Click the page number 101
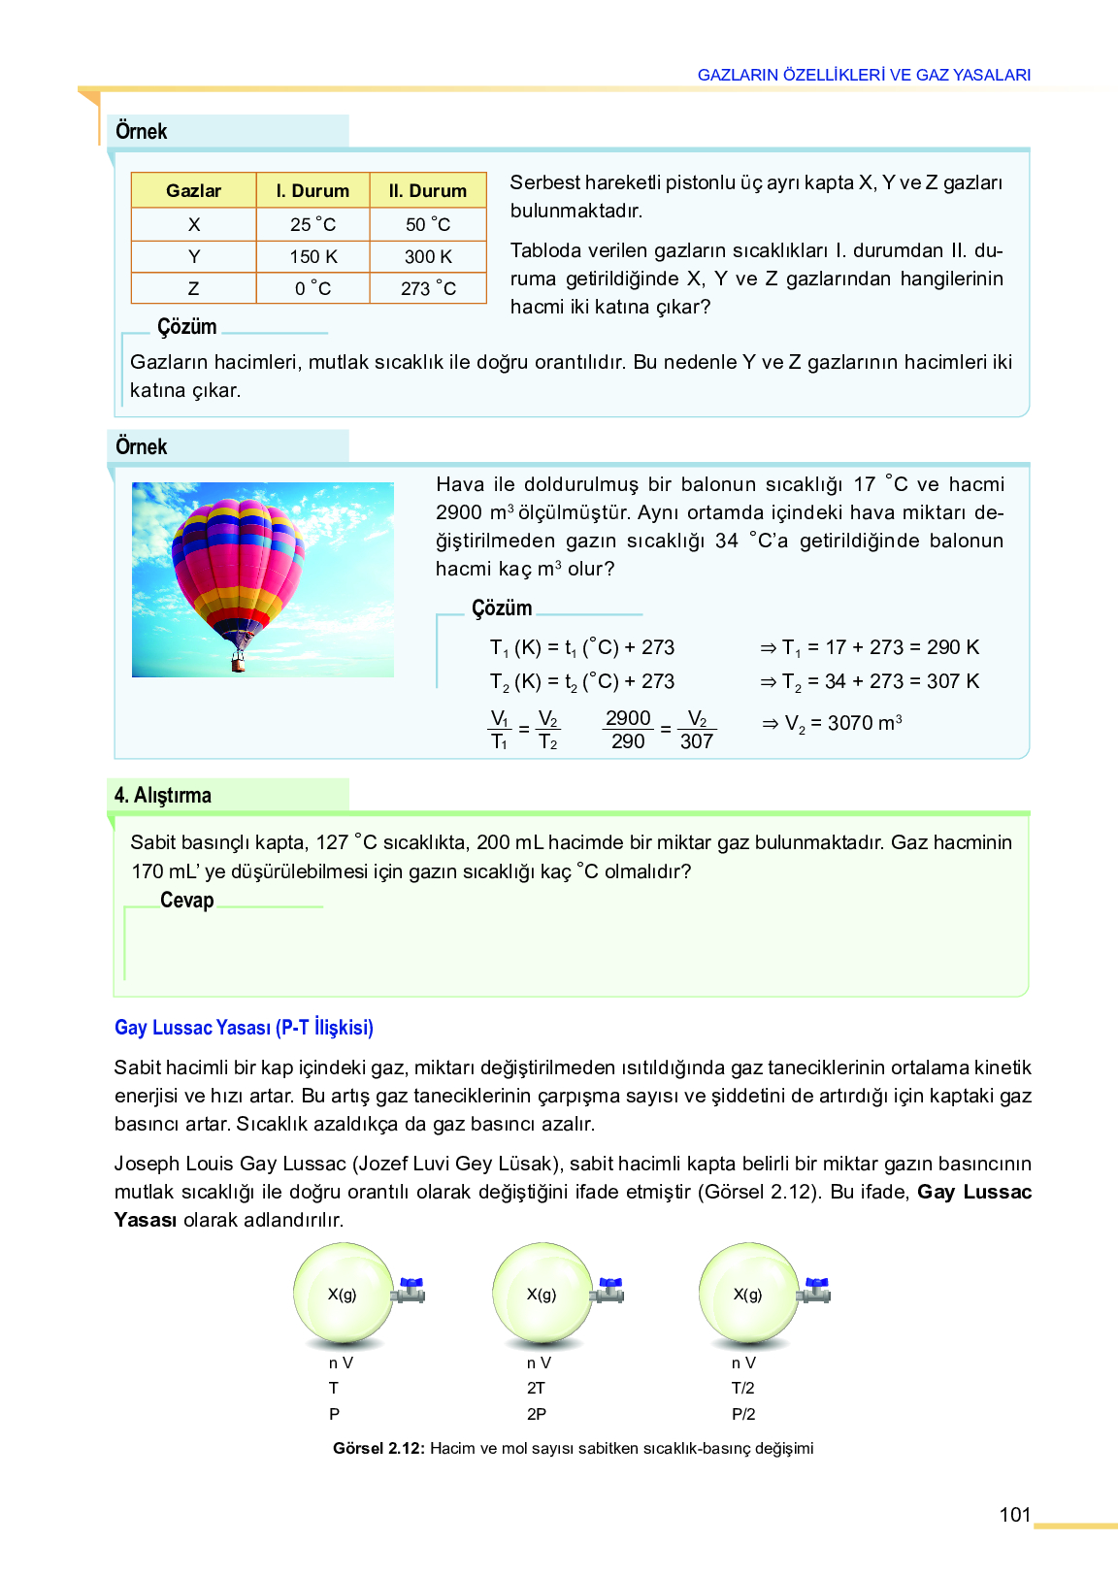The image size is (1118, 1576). point(1014,1515)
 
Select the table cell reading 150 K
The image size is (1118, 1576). point(313,256)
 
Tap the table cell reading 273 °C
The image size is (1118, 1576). point(428,288)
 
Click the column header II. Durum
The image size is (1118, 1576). point(428,191)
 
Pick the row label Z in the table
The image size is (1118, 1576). point(194,288)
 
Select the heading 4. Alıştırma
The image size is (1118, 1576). point(163,796)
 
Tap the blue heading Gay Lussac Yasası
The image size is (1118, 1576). point(244,1028)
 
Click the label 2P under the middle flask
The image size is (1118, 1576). point(537,1414)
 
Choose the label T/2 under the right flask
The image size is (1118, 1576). point(743,1388)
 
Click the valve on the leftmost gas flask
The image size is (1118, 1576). point(411,1291)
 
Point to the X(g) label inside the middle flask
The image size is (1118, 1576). point(542,1295)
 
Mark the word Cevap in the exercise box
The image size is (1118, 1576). point(186,901)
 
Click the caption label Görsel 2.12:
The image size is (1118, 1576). point(378,1448)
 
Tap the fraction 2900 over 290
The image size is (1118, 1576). point(628,730)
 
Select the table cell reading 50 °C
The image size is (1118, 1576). point(428,224)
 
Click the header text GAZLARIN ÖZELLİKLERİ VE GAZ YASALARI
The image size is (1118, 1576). point(864,75)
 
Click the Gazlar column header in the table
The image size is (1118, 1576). point(194,191)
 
